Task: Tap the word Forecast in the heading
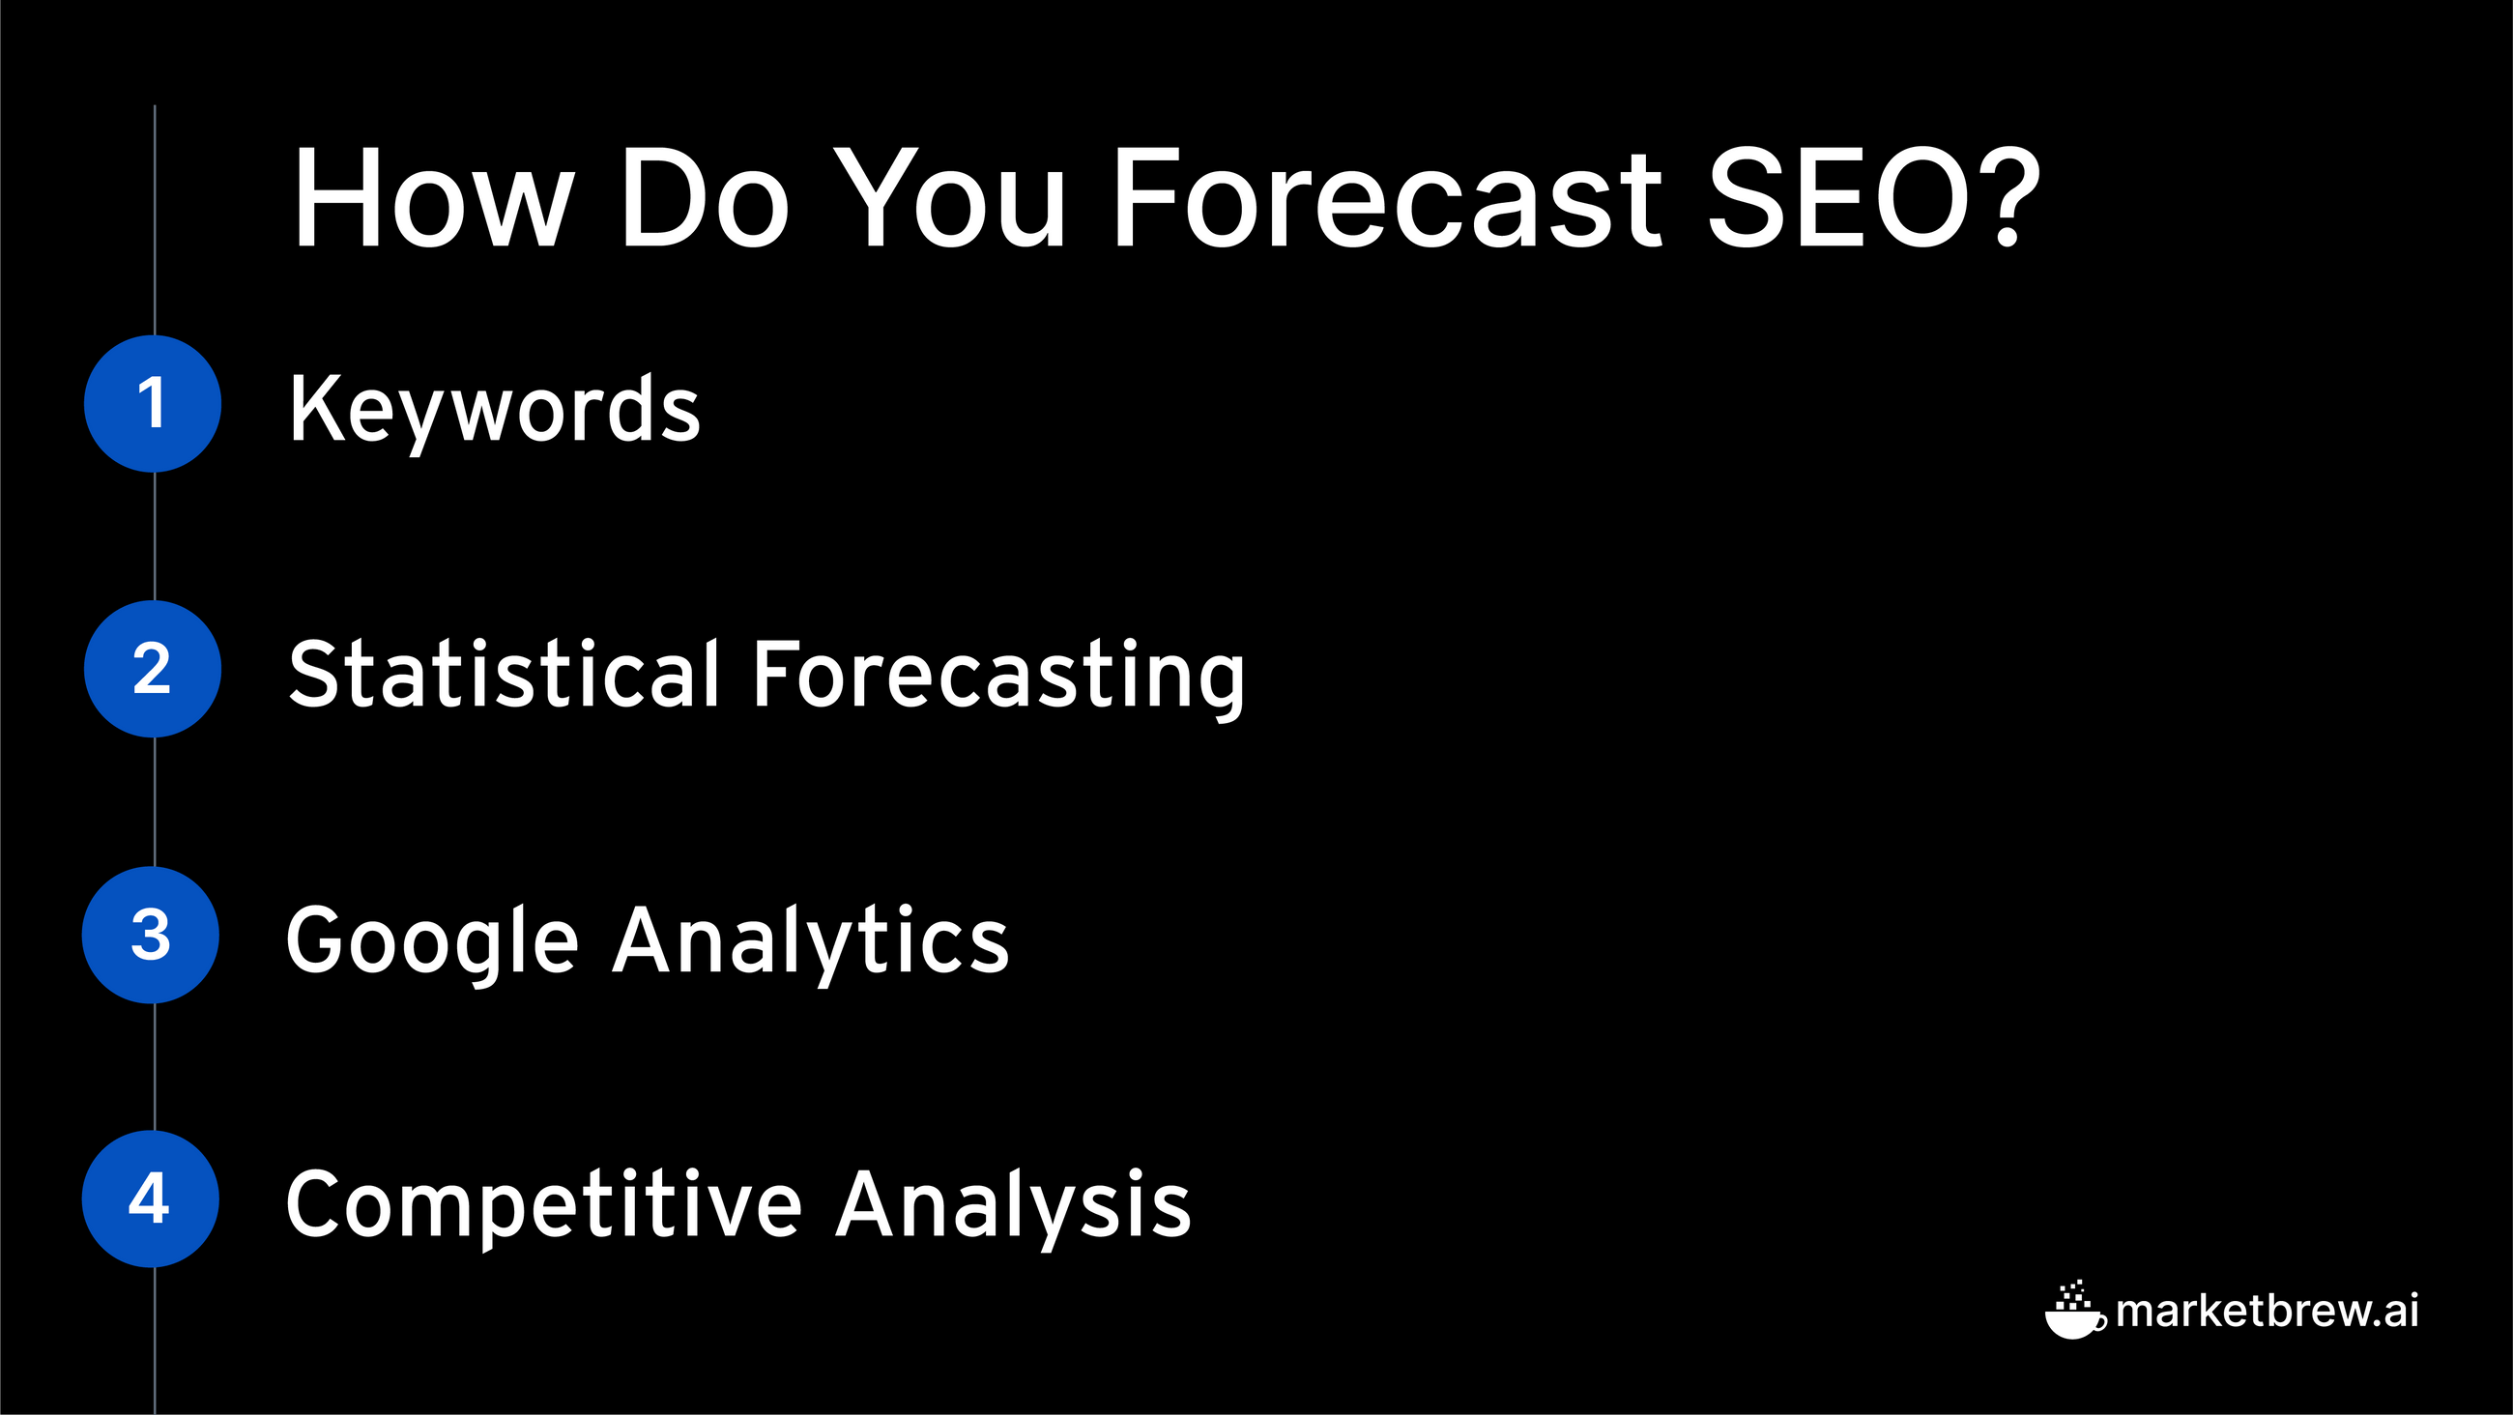pos(1386,198)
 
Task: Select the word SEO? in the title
pos(1874,198)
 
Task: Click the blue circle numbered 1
pos(152,404)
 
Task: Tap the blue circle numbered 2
pos(152,669)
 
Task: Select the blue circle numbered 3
pos(151,935)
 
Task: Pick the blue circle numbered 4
pos(151,1199)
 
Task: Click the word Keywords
pos(495,411)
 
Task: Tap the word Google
pos(432,941)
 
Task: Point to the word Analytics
pos(811,941)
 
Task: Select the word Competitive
pos(543,1206)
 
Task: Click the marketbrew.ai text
pos(2267,1311)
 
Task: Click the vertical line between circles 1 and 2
pos(155,536)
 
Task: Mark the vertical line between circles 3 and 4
pos(155,1068)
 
